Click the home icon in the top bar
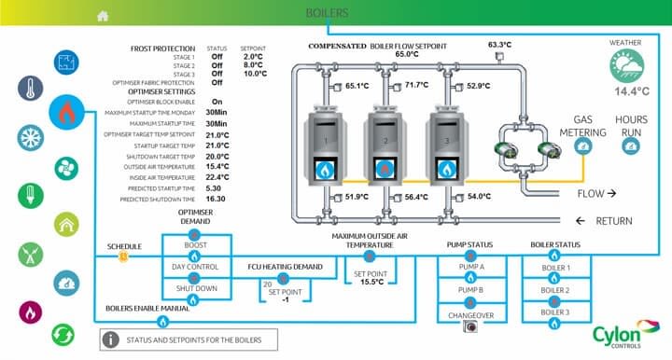(103, 15)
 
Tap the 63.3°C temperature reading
(499, 44)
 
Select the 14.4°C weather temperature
(624, 91)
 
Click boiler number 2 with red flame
(384, 141)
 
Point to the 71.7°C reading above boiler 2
(416, 85)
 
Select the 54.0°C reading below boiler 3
(479, 197)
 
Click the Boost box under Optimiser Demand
(194, 247)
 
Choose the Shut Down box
(194, 288)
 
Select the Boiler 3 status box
(555, 312)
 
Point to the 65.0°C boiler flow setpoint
(406, 54)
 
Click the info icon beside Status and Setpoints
(112, 339)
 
